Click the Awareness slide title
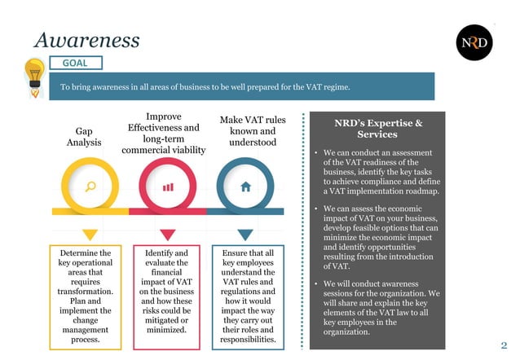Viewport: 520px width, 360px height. [87, 39]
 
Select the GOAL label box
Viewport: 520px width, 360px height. [76, 63]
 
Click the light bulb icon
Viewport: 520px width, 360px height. [33, 75]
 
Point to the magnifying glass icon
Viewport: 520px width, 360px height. [90, 186]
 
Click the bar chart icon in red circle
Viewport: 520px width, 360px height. [168, 187]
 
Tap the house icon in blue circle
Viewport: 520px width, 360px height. [246, 187]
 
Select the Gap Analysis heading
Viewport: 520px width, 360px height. [84, 136]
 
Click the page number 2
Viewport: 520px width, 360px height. [504, 345]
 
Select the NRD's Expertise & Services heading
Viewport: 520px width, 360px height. [378, 129]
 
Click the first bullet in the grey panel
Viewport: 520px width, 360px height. [315, 153]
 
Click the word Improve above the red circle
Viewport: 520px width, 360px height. [164, 116]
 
